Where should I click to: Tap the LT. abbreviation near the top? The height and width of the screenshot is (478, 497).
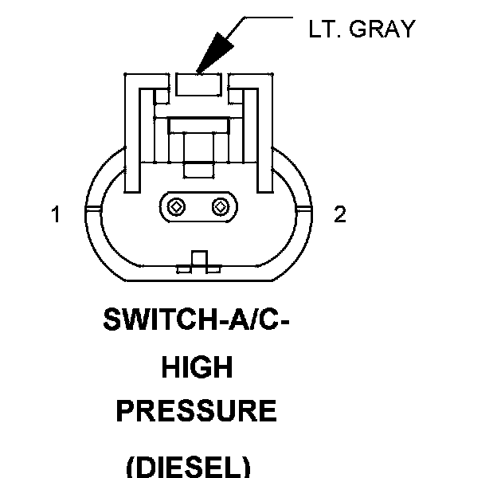point(324,29)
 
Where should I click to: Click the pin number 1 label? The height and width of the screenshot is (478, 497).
point(56,215)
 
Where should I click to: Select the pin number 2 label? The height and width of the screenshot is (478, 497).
point(340,215)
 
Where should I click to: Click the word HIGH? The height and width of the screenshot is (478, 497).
point(198,367)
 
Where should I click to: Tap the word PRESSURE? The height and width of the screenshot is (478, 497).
point(197,411)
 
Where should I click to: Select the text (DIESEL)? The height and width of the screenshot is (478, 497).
point(189,464)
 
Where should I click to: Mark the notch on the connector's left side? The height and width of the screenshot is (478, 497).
point(92,209)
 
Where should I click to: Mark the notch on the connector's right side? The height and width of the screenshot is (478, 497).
point(303,209)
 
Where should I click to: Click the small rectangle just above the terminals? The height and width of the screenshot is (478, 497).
point(198,170)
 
